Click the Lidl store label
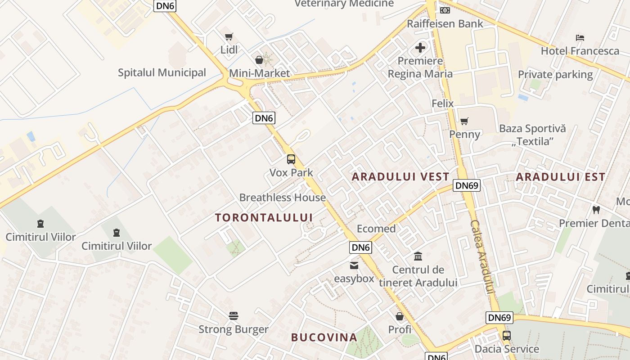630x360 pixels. [229, 49]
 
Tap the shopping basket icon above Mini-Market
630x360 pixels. [259, 59]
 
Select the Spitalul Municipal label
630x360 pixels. [162, 72]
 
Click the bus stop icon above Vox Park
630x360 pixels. [291, 159]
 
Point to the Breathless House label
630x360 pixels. [283, 197]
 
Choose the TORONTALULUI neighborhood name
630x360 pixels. [264, 218]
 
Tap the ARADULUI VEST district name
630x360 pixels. [400, 177]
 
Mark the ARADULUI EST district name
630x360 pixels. [561, 177]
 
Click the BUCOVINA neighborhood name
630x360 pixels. [324, 337]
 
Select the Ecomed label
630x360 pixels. [376, 229]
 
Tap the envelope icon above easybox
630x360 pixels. [354, 265]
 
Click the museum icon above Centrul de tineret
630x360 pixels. [418, 256]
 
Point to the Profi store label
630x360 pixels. [400, 329]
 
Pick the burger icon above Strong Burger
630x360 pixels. [233, 315]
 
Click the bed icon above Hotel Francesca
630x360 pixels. [580, 37]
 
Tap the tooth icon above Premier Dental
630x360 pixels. [596, 210]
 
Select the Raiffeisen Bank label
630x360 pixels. [445, 23]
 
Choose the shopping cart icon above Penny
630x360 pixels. [464, 121]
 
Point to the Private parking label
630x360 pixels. [555, 74]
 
